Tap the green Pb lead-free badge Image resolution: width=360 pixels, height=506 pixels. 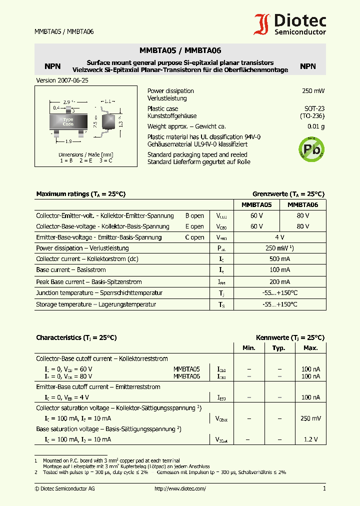pyautogui.click(x=311, y=147)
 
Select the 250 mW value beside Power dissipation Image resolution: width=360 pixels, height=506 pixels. pyautogui.click(x=313, y=91)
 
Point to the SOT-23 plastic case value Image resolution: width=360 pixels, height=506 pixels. pyautogui.click(x=314, y=108)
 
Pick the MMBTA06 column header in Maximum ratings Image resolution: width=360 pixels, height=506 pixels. pyautogui.click(x=303, y=204)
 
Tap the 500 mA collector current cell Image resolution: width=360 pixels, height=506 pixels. pyautogui.click(x=279, y=259)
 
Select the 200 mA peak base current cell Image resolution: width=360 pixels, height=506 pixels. pyautogui.click(x=279, y=282)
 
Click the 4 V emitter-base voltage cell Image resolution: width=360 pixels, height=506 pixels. pyautogui.click(x=279, y=237)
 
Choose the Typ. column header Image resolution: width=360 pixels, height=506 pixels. pyautogui.click(x=278, y=348)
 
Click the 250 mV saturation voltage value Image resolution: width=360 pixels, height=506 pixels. pyautogui.click(x=311, y=418)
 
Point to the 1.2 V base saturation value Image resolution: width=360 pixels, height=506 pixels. pyautogui.click(x=311, y=439)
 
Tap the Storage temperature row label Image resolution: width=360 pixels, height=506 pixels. pyautogui.click(x=96, y=304)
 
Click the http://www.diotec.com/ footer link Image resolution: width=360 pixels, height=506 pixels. pyautogui.click(x=180, y=488)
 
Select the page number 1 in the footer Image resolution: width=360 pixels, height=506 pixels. pyautogui.click(x=324, y=488)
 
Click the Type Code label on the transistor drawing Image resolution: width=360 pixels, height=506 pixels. pyautogui.click(x=68, y=121)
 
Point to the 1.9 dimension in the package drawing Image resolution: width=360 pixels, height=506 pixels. pyautogui.click(x=68, y=141)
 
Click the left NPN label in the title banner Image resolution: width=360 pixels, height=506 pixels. pyautogui.click(x=52, y=66)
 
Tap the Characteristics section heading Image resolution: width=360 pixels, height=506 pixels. pyautogui.click(x=76, y=338)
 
